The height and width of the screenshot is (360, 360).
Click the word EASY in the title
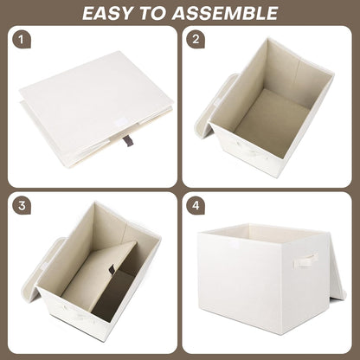[112, 12]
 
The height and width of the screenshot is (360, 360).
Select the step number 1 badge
[22, 40]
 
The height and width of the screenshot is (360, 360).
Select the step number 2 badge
[197, 40]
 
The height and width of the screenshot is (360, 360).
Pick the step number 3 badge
[22, 208]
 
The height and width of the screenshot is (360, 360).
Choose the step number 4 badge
[197, 208]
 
